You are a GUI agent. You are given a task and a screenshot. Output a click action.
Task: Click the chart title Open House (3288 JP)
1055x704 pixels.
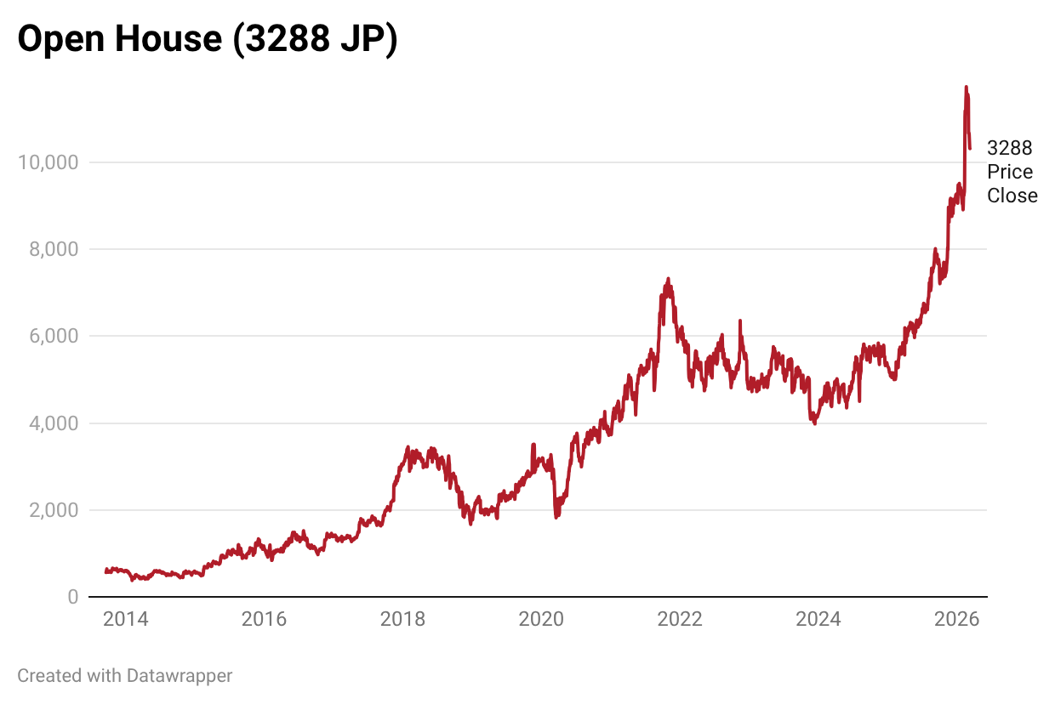pos(208,40)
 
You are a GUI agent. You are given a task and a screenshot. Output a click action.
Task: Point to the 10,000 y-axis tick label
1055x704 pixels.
pos(48,162)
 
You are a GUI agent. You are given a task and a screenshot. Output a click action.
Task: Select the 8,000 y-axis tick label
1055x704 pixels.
pos(52,249)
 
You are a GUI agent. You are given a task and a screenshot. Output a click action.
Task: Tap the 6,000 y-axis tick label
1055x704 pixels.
pos(52,337)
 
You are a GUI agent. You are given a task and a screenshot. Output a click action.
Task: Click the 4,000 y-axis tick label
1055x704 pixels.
pos(52,423)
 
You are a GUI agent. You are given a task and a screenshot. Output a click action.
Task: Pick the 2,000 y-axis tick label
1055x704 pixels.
pos(52,510)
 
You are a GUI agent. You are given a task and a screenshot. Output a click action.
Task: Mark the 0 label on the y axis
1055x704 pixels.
pos(72,598)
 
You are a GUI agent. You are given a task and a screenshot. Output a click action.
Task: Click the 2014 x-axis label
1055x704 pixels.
pos(125,619)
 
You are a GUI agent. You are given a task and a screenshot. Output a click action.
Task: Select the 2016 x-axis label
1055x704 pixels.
pos(264,619)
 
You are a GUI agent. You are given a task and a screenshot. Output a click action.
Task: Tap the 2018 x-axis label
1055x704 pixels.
pos(402,619)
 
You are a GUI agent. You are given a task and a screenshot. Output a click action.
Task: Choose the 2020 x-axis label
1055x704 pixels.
pos(541,619)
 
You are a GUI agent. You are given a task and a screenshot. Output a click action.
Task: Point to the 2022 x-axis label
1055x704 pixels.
pos(680,619)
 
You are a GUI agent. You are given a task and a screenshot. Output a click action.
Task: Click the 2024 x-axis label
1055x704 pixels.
pos(818,619)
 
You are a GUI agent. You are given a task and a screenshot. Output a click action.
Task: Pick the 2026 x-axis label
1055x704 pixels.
pos(957,619)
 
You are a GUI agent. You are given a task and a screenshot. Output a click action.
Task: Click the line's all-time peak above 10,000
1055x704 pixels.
pos(966,87)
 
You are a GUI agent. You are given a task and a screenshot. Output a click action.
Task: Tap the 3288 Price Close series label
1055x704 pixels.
pos(1012,172)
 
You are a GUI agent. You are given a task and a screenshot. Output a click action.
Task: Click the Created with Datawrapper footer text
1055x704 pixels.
pos(124,676)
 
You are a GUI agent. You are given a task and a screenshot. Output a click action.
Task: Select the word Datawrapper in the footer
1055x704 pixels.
pos(179,676)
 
